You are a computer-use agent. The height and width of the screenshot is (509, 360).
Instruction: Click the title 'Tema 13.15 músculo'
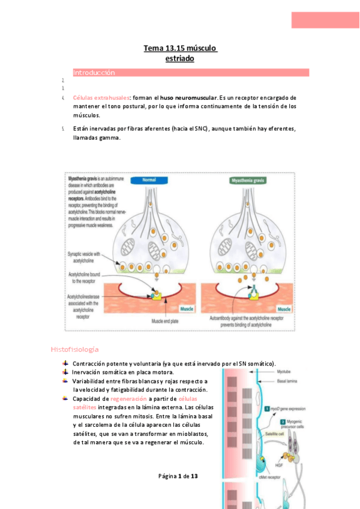coord(180,48)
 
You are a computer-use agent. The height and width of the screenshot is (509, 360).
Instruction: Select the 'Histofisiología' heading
coord(74,349)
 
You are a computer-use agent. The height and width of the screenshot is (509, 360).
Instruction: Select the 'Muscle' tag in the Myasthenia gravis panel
coord(283,309)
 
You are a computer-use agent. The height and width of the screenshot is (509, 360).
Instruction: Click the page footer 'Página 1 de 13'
coord(178,476)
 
